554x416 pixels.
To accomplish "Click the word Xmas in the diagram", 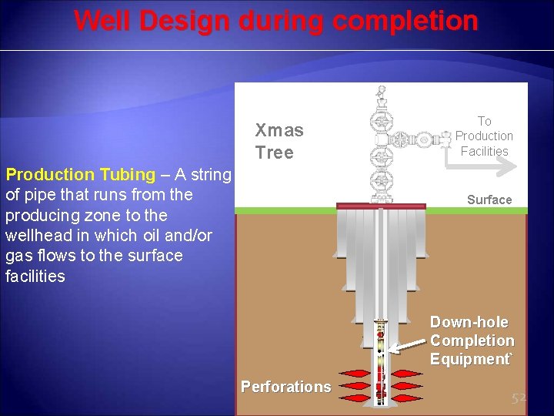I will [279, 130].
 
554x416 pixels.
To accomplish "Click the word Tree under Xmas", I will [275, 153].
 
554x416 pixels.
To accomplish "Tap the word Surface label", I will [489, 200].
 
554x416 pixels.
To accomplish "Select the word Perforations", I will [285, 387].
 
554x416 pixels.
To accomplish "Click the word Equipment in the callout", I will [469, 359].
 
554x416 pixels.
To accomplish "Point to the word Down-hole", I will [469, 322].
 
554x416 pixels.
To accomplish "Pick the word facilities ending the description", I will [35, 276].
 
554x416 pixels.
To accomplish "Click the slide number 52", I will [519, 398].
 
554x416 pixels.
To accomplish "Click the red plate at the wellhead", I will [381, 206].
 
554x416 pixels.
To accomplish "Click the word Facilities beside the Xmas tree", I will [484, 151].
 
